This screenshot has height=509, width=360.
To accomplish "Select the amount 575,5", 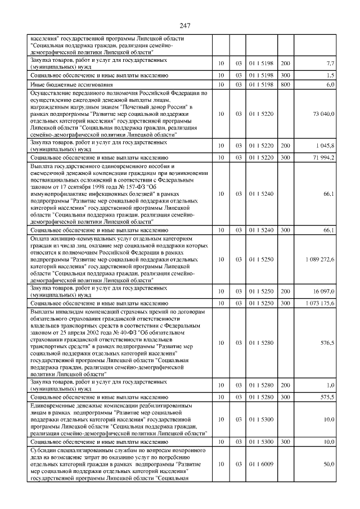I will pyautogui.click(x=327, y=397).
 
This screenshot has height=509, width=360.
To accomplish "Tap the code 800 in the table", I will pyautogui.click(x=285, y=84).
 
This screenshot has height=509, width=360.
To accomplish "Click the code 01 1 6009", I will pyautogui.click(x=260, y=464).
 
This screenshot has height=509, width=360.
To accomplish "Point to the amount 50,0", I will pyautogui.click(x=328, y=464).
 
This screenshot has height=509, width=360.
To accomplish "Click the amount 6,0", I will pyautogui.click(x=331, y=84).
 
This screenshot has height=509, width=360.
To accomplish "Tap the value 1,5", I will pyautogui.click(x=331, y=75).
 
